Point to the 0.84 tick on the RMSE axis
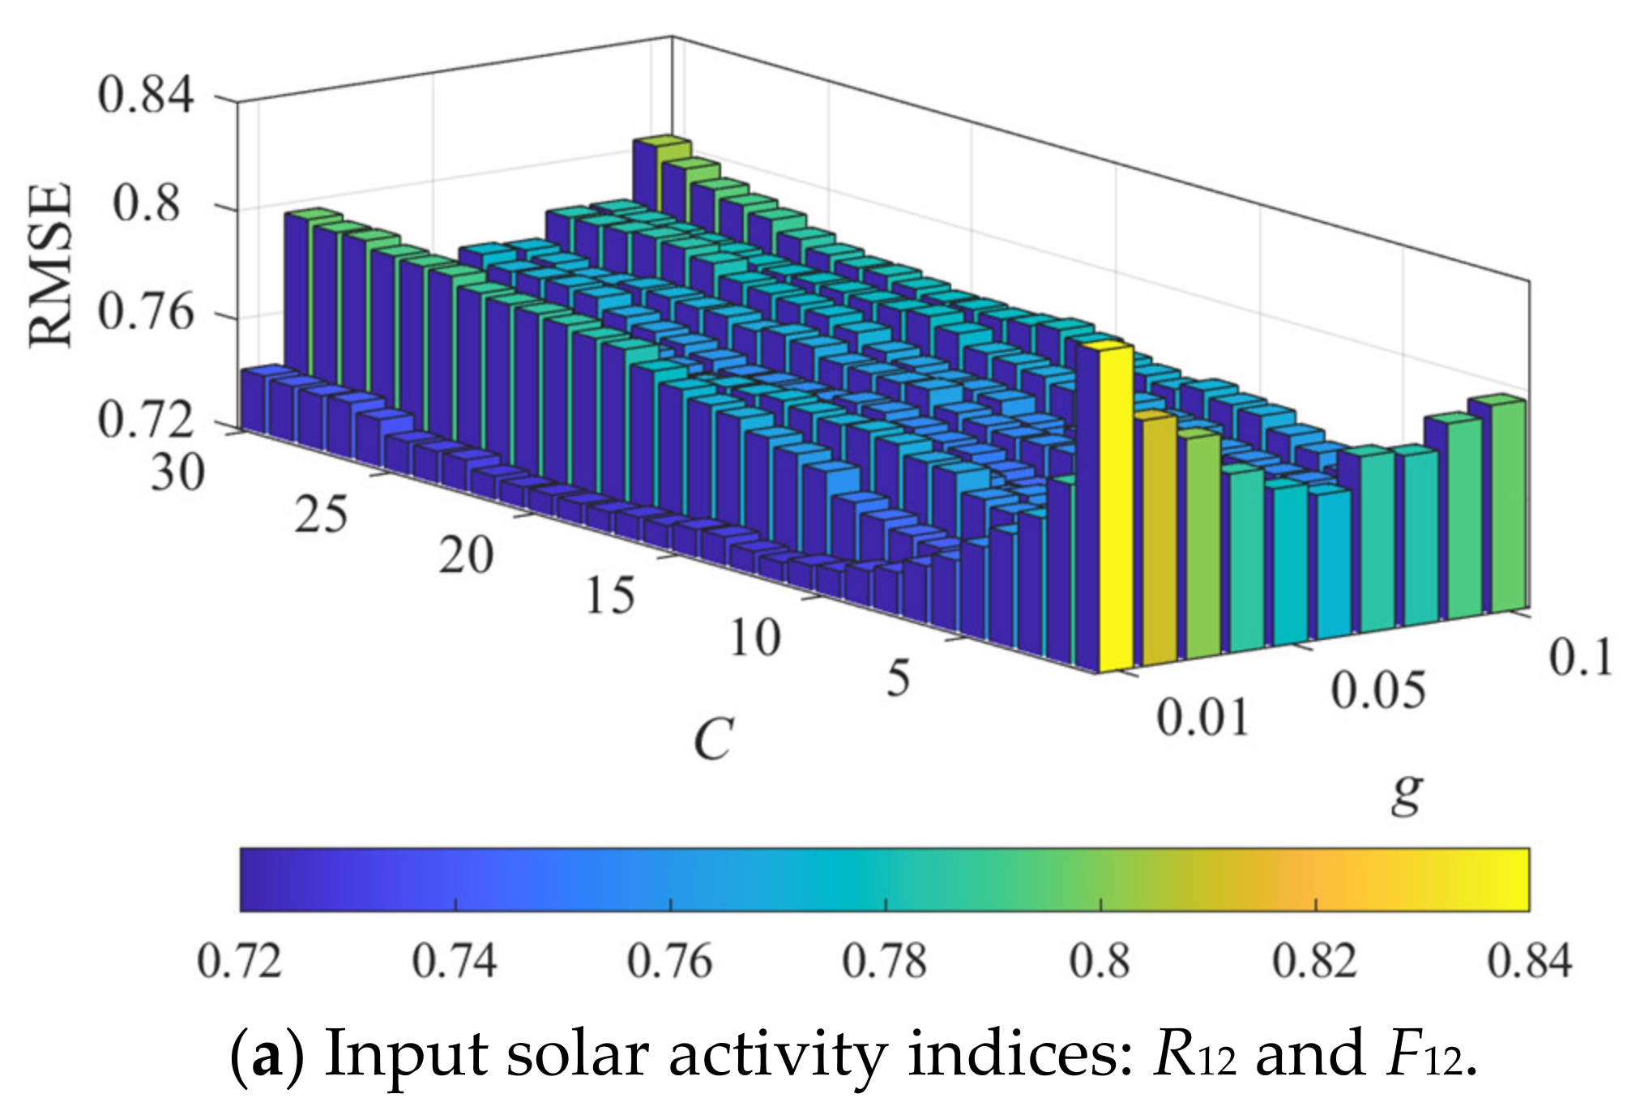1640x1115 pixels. click(x=146, y=95)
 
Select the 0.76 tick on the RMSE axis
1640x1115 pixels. click(x=146, y=312)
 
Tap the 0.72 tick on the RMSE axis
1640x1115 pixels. click(x=146, y=421)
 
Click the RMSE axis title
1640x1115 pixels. click(x=51, y=266)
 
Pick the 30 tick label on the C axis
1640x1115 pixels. click(x=177, y=472)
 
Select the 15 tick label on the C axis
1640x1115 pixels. click(x=609, y=596)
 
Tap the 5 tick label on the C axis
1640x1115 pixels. click(x=898, y=679)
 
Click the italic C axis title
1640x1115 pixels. click(x=713, y=739)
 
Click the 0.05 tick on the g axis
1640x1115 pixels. click(x=1377, y=691)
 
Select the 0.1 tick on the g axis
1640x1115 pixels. click(x=1581, y=657)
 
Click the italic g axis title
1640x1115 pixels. click(x=1407, y=792)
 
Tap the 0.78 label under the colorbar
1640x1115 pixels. click(x=884, y=962)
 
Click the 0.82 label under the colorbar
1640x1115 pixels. click(x=1313, y=962)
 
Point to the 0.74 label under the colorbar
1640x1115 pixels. click(x=455, y=962)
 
